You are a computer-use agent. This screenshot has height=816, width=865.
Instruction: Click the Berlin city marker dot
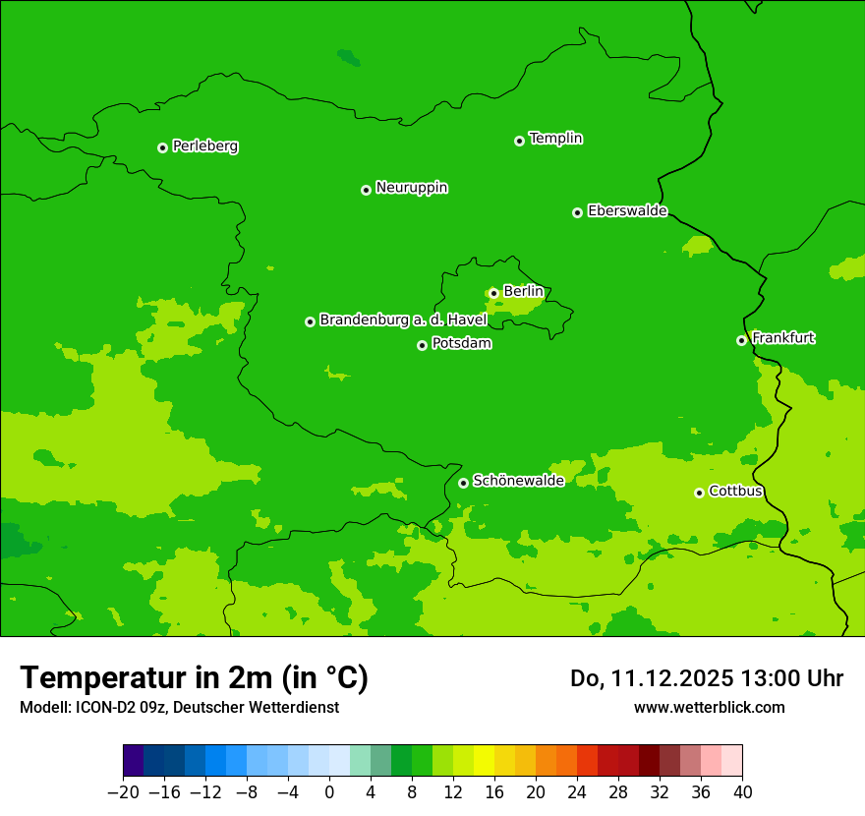(493, 293)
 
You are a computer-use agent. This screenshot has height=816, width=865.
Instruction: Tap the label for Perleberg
(205, 146)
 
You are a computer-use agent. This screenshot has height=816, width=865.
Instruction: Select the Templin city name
(555, 139)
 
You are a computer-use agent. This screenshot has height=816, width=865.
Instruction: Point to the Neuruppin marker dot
(366, 190)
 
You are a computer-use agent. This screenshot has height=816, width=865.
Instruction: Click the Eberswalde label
(627, 211)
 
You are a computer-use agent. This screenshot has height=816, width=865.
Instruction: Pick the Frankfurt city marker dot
(741, 341)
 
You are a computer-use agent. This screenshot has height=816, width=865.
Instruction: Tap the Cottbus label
(735, 492)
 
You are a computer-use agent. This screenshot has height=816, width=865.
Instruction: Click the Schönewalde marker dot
(463, 483)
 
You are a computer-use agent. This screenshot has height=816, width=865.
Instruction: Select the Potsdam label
(462, 344)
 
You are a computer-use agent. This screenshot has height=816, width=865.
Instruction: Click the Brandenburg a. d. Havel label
(403, 321)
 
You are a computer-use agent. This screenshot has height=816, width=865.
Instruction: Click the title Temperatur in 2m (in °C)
(194, 677)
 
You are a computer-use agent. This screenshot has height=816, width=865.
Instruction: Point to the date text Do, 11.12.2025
(651, 678)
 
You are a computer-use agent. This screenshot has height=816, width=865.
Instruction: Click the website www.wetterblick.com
(709, 707)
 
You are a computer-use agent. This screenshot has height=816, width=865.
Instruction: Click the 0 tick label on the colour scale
(329, 791)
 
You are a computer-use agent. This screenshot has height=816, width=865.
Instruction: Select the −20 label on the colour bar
(123, 791)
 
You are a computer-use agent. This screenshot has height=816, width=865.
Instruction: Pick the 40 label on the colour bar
(742, 791)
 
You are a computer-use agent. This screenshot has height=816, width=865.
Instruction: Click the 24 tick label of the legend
(577, 791)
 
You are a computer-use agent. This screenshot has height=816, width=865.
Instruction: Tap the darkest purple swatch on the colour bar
(134, 761)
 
